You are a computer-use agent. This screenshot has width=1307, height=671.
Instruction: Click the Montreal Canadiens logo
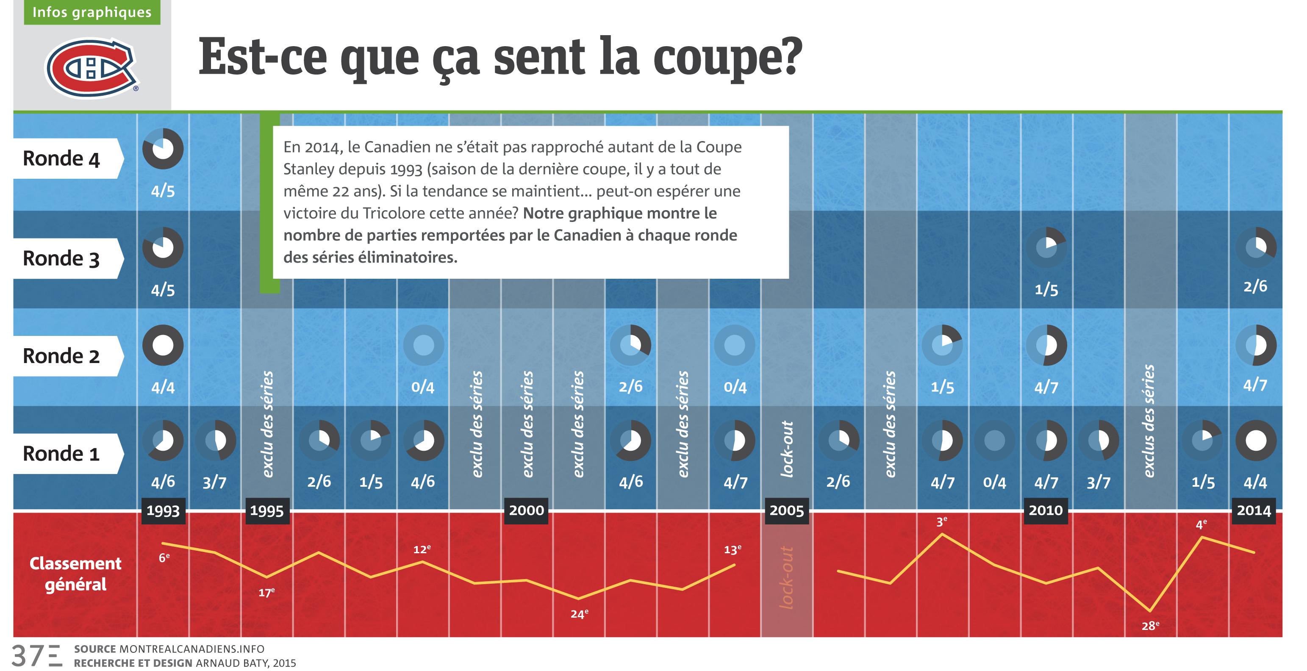[x=92, y=68]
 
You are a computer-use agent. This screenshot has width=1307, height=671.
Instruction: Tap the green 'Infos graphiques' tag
[x=92, y=12]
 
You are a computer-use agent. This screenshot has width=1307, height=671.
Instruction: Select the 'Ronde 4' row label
[x=62, y=158]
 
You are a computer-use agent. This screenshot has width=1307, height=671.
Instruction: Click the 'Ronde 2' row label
[x=62, y=356]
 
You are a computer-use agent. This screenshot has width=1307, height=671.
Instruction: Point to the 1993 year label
[x=163, y=510]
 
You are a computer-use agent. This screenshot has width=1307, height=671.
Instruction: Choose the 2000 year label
[x=526, y=510]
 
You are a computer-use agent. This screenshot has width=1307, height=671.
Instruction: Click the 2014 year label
[x=1254, y=510]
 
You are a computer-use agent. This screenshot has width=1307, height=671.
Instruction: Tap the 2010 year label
[x=1046, y=510]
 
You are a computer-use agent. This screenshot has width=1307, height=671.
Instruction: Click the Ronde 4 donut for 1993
[x=163, y=149]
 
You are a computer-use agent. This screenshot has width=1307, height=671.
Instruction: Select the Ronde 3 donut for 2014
[x=1256, y=247]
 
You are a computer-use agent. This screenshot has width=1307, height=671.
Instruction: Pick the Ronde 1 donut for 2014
[x=1256, y=440]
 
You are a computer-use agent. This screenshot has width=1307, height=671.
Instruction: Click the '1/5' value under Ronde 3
[x=1046, y=290]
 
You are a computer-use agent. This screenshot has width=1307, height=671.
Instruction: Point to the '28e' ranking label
[x=1150, y=626]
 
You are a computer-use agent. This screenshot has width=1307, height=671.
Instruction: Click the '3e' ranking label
[x=942, y=522]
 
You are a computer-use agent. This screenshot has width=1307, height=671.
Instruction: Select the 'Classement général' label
[x=75, y=574]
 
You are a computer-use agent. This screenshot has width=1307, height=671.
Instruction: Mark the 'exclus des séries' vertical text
[x=1149, y=421]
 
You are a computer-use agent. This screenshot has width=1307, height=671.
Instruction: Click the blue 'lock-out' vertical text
[x=786, y=449]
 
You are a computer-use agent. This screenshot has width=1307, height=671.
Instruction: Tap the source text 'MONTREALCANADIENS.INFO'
[x=192, y=649]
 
